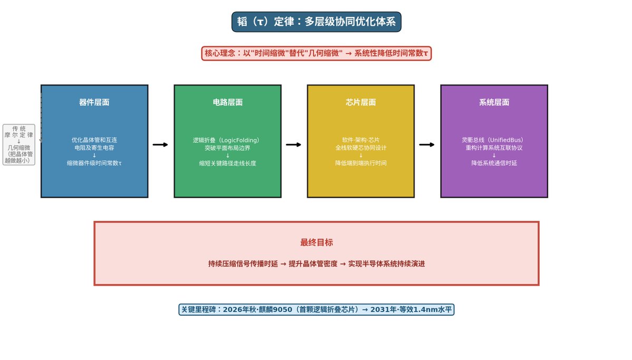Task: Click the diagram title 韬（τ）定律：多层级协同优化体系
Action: tap(316, 22)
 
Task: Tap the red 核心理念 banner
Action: tap(316, 53)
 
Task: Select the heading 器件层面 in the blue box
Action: tap(94, 102)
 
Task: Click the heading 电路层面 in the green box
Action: tap(228, 102)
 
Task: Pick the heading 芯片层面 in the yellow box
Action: tap(361, 102)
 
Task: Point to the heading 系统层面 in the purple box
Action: tap(494, 102)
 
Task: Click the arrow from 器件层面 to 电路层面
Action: tap(160, 145)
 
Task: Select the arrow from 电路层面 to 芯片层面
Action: tap(294, 145)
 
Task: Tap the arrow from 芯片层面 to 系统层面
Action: tap(427, 145)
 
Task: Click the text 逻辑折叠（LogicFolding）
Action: tap(226, 140)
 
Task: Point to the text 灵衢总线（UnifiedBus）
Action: tap(492, 140)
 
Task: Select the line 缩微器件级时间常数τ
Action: tap(94, 163)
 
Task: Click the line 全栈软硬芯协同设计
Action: tap(361, 148)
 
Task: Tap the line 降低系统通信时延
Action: tap(494, 163)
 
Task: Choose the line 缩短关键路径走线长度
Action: tap(228, 163)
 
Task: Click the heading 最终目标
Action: tap(316, 242)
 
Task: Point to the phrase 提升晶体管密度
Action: tap(313, 264)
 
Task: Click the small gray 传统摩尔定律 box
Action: tap(19, 145)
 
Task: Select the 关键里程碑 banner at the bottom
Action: tap(316, 309)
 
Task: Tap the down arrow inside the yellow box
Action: tap(361, 155)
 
